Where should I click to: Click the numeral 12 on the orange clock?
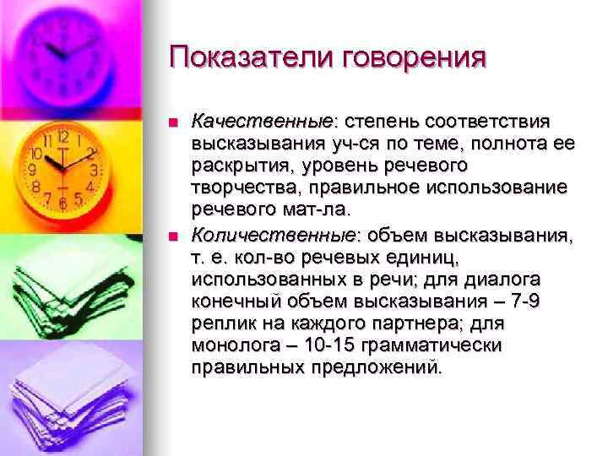pos(62,136)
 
